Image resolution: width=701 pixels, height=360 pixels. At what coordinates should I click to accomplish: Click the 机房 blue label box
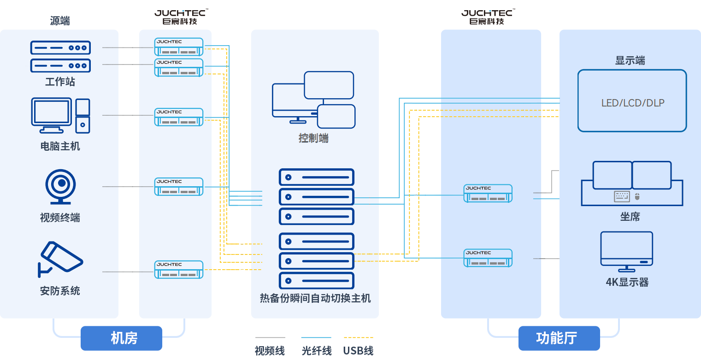click(x=122, y=338)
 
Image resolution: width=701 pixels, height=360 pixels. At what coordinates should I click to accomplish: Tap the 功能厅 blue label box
click(x=559, y=338)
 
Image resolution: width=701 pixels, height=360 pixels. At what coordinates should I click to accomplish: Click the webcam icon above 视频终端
click(x=60, y=187)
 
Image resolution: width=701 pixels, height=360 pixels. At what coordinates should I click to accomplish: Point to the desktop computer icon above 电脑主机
click(x=60, y=115)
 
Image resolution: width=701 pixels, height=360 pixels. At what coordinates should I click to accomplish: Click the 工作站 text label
click(x=60, y=82)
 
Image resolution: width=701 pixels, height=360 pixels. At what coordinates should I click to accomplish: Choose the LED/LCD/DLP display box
click(x=632, y=100)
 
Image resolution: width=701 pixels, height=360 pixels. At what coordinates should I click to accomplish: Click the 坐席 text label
click(x=630, y=217)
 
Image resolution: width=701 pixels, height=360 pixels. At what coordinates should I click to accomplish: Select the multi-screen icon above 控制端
click(x=313, y=99)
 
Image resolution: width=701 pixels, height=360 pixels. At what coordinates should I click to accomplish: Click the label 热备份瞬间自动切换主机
click(x=315, y=298)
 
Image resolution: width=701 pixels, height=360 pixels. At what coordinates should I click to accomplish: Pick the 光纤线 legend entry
click(x=317, y=351)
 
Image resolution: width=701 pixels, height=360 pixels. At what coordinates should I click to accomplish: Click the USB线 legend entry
click(x=358, y=351)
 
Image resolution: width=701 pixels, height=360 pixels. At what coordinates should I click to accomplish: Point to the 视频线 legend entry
click(x=270, y=351)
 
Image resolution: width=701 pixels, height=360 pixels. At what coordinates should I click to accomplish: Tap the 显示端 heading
click(x=630, y=60)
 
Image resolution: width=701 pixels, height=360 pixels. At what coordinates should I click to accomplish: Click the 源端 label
click(x=60, y=21)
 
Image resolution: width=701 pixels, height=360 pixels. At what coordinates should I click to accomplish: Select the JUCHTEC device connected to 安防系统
click(x=179, y=270)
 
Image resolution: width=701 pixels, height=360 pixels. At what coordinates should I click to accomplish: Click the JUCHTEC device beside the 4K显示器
click(x=488, y=258)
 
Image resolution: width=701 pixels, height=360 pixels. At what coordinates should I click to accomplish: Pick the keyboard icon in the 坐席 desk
click(x=622, y=196)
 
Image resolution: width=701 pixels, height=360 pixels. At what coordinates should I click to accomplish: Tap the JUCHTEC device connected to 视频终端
click(x=179, y=186)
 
